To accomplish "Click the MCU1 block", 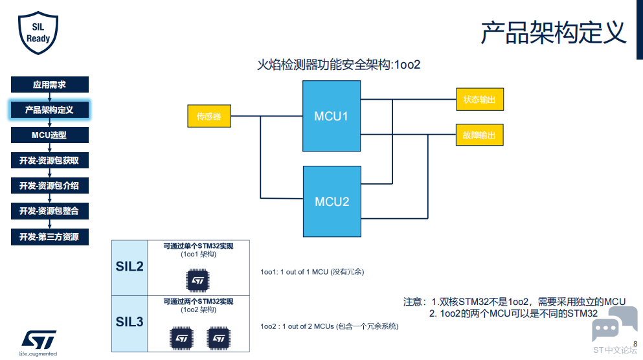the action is pyautogui.click(x=332, y=116).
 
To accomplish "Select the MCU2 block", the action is pyautogui.click(x=332, y=201).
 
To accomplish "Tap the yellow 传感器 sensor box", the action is pyautogui.click(x=209, y=116).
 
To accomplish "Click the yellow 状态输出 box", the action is pyautogui.click(x=480, y=99).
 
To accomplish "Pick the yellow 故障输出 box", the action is pyautogui.click(x=479, y=135).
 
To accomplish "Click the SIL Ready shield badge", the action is pyautogui.click(x=38, y=33).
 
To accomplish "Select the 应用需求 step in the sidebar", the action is pyautogui.click(x=50, y=84).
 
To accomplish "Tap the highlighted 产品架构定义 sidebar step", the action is pyautogui.click(x=50, y=110).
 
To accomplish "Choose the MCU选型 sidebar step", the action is pyautogui.click(x=50, y=135).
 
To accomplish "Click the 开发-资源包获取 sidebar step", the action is pyautogui.click(x=50, y=161).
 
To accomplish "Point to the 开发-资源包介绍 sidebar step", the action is pyautogui.click(x=50, y=186).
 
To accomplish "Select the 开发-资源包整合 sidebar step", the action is pyautogui.click(x=50, y=211).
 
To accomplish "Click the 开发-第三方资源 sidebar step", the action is pyautogui.click(x=50, y=237).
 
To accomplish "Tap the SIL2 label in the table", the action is pyautogui.click(x=130, y=267).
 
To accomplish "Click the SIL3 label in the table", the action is pyautogui.click(x=130, y=322).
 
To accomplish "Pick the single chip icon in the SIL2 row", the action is pyautogui.click(x=197, y=280).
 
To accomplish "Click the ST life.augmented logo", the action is pyautogui.click(x=38, y=343).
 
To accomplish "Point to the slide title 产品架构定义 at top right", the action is pyautogui.click(x=554, y=33).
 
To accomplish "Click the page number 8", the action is pyautogui.click(x=635, y=344).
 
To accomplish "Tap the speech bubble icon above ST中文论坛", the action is pyautogui.click(x=615, y=324).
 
